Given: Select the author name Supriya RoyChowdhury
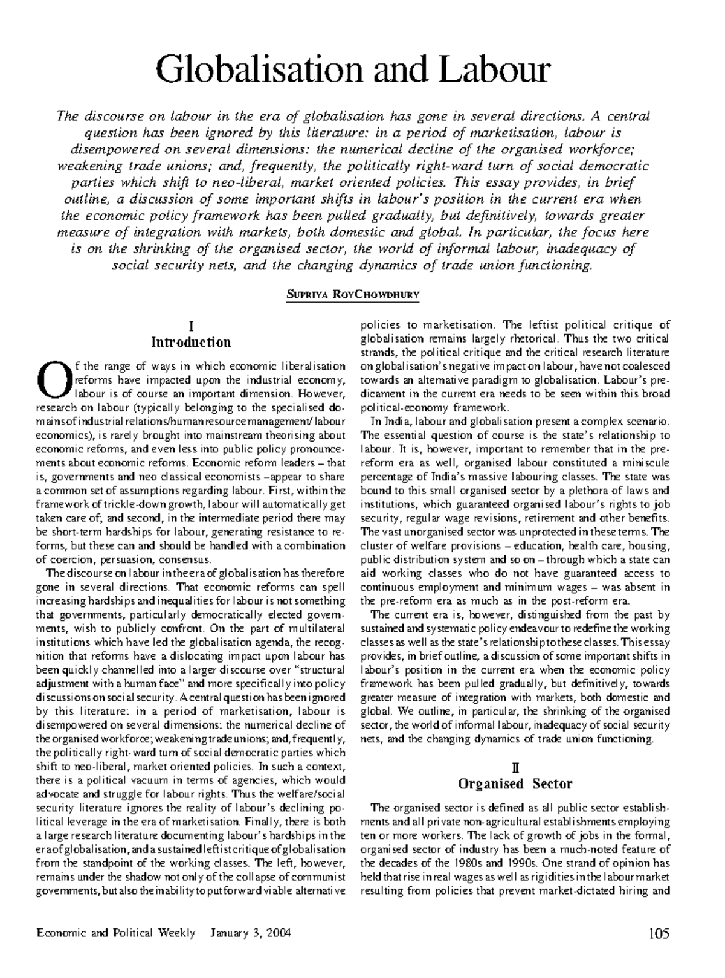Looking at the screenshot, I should point(353,295).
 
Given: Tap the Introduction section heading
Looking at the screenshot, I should point(191,343).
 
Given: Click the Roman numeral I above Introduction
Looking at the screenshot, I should point(191,327).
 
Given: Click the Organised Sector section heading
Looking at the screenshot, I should point(515,784).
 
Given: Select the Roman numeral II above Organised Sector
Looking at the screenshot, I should point(515,768).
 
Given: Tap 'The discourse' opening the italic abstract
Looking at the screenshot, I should point(92,116).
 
